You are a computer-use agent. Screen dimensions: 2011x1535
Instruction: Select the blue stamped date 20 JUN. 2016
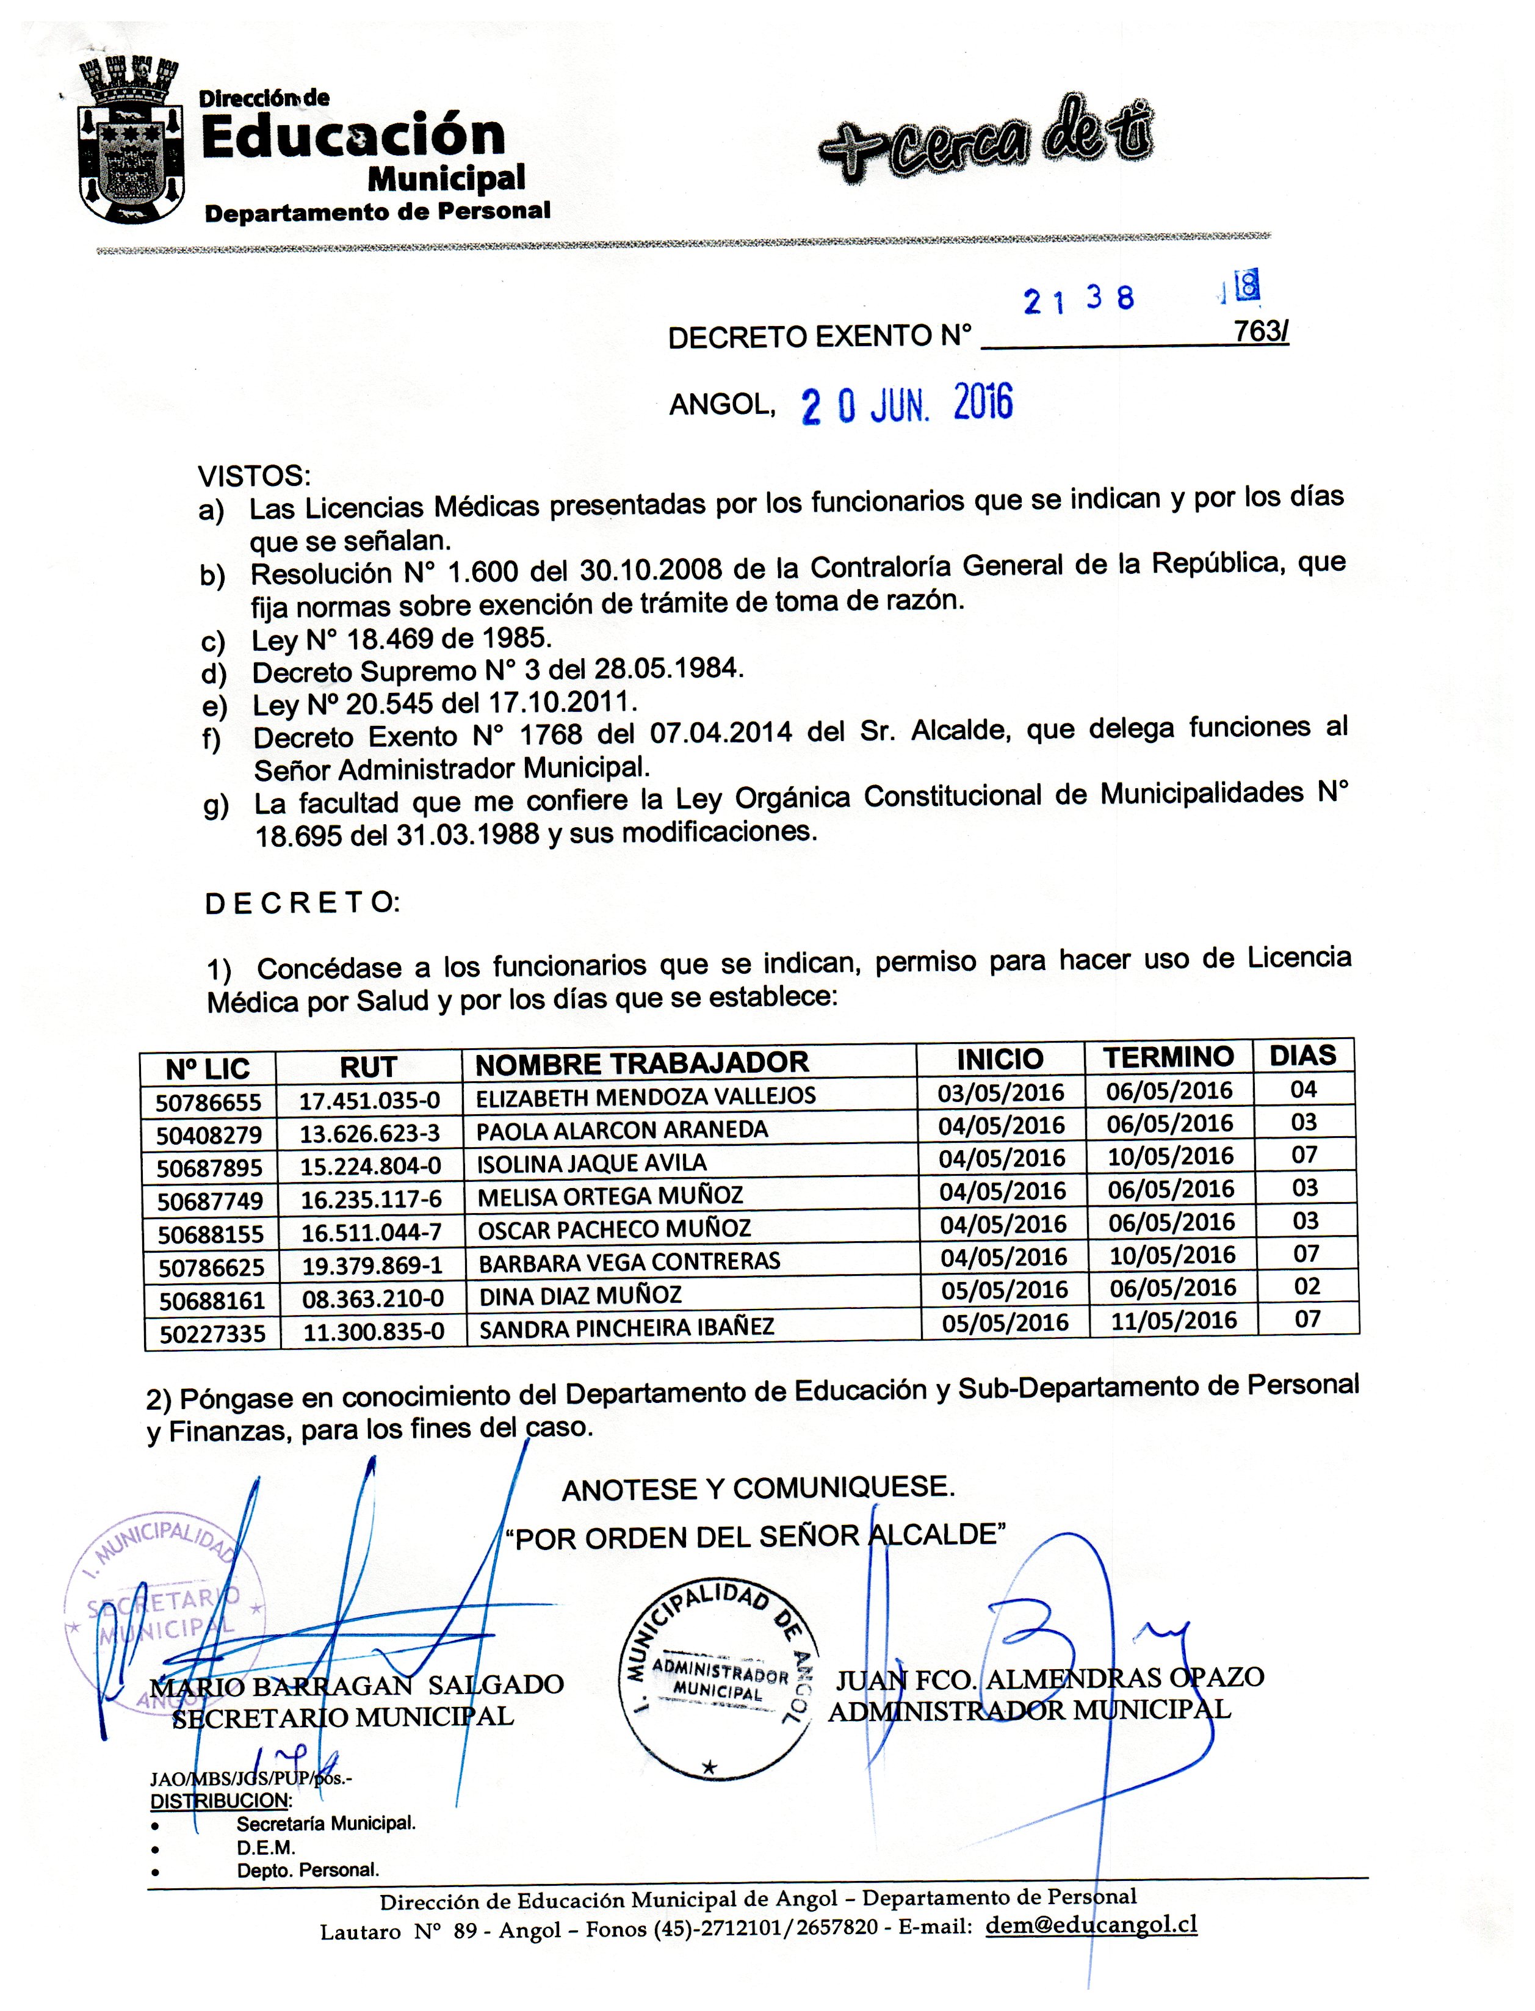point(906,404)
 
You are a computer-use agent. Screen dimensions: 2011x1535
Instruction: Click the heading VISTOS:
point(254,476)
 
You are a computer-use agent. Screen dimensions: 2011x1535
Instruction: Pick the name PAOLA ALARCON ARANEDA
point(621,1130)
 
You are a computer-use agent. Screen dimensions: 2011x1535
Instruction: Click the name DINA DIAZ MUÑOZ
point(580,1294)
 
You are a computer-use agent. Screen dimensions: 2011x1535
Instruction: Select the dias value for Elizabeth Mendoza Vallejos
point(1303,1089)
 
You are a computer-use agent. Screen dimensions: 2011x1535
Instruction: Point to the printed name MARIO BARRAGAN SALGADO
point(357,1684)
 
